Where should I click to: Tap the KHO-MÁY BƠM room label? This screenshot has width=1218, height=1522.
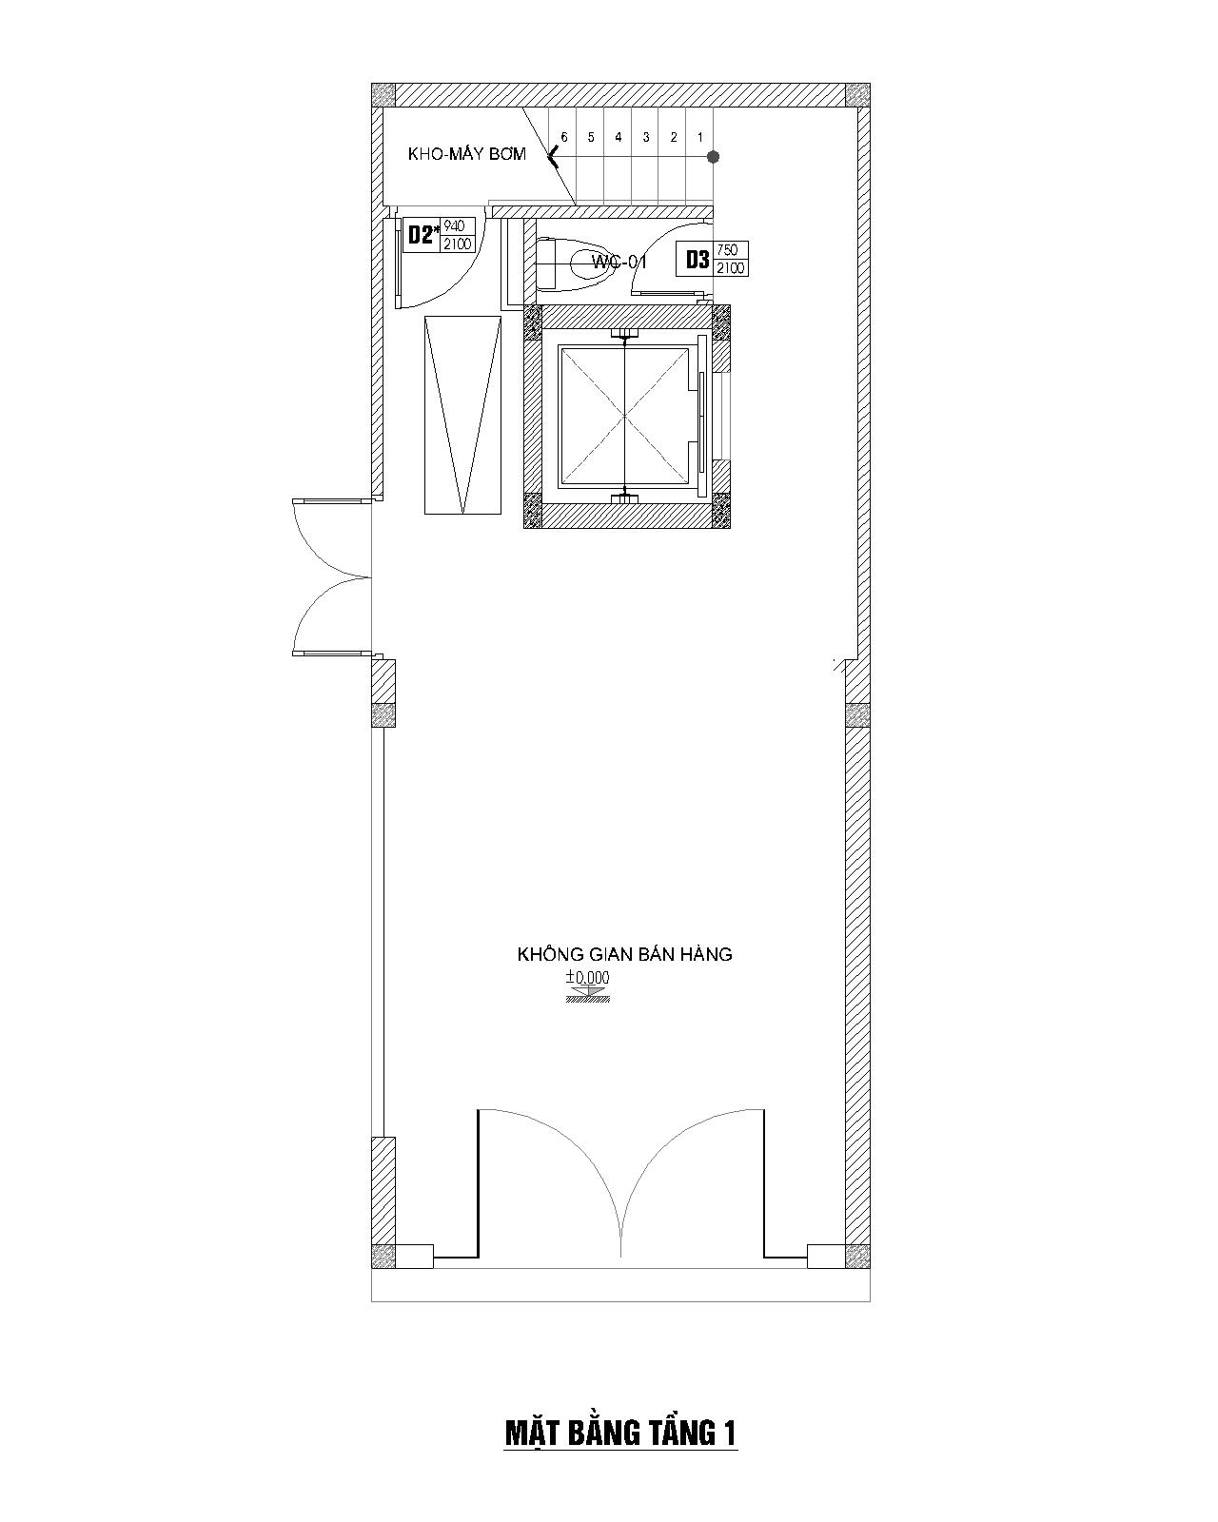click(x=467, y=153)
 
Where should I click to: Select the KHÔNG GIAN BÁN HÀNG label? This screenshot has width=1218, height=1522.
click(x=624, y=954)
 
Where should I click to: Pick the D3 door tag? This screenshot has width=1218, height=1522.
click(x=697, y=260)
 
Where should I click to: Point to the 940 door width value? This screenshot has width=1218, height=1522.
click(x=454, y=226)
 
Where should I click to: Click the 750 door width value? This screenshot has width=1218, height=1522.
click(x=727, y=249)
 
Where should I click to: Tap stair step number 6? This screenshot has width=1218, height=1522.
click(x=564, y=137)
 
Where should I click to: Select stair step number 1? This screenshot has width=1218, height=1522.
click(x=700, y=137)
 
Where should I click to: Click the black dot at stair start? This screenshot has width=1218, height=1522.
click(x=714, y=156)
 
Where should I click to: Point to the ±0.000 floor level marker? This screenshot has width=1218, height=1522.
click(x=587, y=985)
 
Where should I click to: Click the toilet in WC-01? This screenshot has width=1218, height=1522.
click(x=574, y=264)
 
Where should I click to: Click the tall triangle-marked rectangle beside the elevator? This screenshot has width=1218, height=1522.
click(x=462, y=415)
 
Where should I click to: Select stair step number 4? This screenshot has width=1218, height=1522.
click(x=618, y=137)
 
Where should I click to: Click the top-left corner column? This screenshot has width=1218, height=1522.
click(x=383, y=95)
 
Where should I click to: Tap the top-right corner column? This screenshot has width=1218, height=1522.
click(x=857, y=95)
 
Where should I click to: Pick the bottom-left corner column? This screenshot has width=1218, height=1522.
click(x=383, y=1257)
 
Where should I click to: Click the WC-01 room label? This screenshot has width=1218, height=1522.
click(x=619, y=263)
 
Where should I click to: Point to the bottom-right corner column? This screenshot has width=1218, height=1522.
click(x=857, y=1257)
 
